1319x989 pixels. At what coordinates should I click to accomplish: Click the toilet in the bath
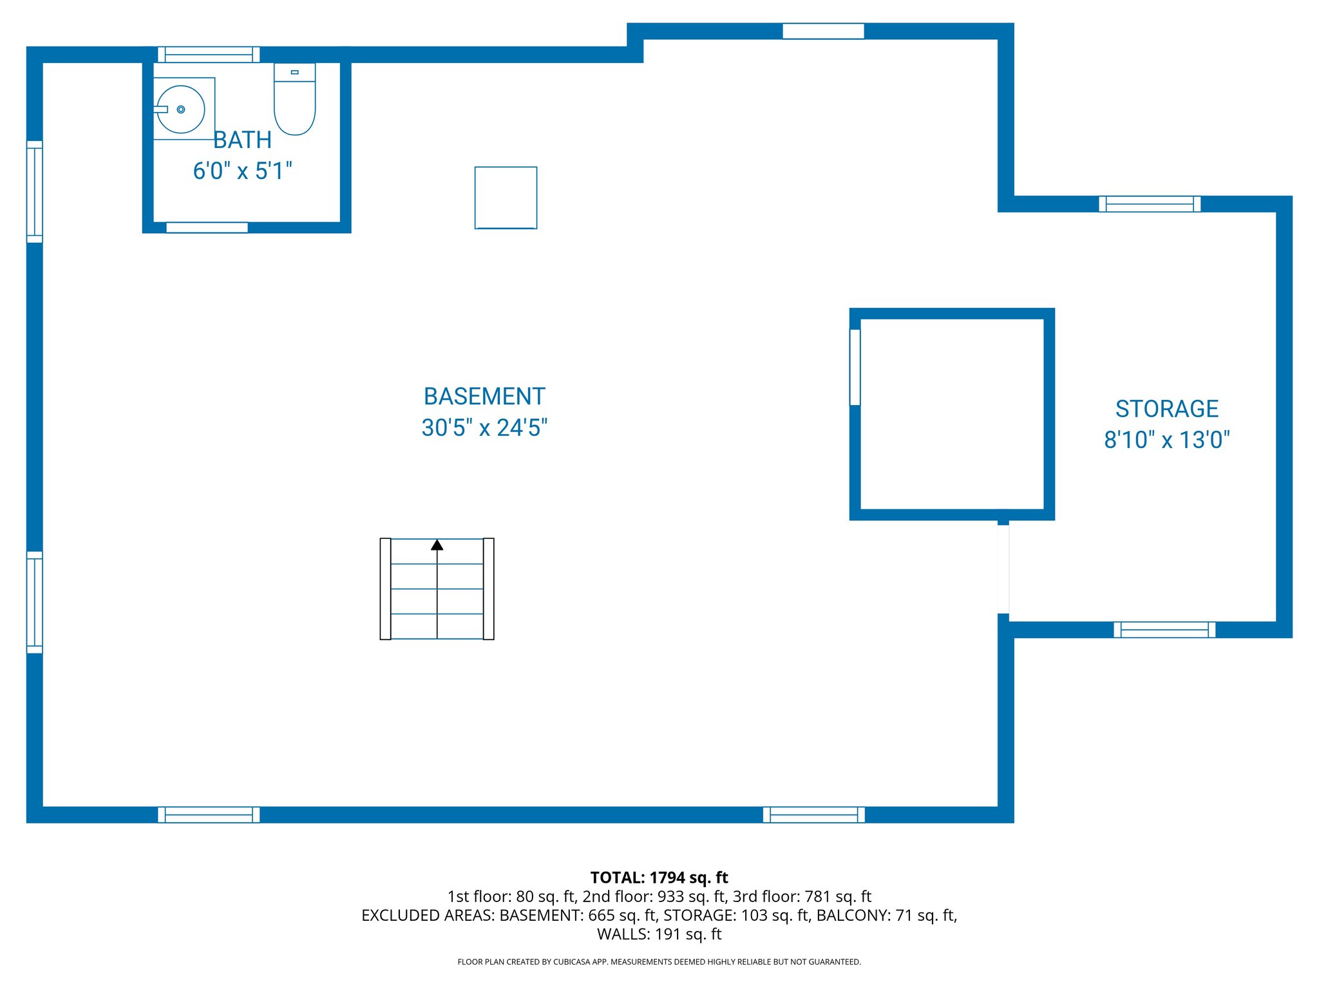point(294,103)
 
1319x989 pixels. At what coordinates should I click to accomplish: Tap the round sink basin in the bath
point(181,109)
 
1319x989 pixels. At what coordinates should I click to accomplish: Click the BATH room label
point(242,140)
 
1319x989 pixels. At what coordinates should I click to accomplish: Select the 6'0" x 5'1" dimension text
point(242,171)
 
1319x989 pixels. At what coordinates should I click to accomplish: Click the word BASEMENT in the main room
point(484,397)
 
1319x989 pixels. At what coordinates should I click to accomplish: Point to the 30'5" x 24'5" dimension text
point(484,428)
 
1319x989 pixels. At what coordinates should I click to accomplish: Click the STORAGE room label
point(1166,409)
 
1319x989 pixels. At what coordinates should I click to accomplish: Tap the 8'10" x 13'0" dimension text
point(1166,440)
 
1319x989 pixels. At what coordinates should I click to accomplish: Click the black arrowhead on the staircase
point(437,545)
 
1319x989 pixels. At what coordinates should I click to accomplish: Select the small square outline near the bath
point(506,198)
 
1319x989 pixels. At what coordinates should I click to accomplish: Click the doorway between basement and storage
point(1003,569)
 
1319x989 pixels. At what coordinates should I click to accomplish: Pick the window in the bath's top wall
point(209,55)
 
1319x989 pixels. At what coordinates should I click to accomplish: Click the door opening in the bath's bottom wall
point(207,227)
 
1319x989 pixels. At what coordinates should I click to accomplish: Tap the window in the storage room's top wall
point(1149,204)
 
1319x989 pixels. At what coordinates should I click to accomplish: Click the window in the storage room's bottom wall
point(1164,630)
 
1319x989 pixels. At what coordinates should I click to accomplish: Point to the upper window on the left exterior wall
point(35,192)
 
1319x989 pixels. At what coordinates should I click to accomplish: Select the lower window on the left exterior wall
point(35,602)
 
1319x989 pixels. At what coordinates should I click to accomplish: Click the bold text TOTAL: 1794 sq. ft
point(659,878)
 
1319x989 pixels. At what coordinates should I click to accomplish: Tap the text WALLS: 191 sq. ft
point(659,934)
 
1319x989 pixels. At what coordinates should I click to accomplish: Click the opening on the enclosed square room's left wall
point(855,367)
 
